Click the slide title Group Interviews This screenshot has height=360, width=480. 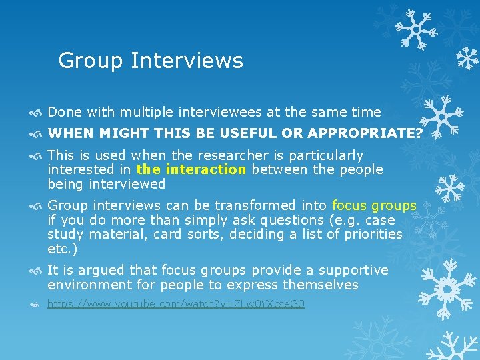[151, 61]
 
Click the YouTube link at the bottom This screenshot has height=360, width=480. [176, 304]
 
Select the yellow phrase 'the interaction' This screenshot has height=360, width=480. [191, 169]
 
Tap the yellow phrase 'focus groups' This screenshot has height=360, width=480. [374, 205]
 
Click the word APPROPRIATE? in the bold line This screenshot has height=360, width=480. [365, 133]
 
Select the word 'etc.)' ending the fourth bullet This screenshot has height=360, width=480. [63, 249]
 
